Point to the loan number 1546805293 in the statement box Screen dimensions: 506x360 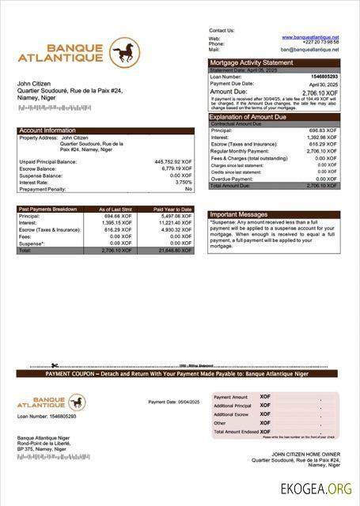pos(323,77)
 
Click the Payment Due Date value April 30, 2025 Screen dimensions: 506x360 pos(323,84)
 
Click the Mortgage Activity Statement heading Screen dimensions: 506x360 pos(251,62)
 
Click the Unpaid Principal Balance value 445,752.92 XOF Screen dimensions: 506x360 pos(172,161)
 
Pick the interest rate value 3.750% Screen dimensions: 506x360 pos(179,182)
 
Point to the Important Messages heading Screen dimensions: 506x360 pos(239,214)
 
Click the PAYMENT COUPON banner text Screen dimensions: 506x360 pos(180,373)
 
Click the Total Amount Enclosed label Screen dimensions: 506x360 pos(235,432)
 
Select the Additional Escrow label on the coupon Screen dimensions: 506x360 pos(231,414)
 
